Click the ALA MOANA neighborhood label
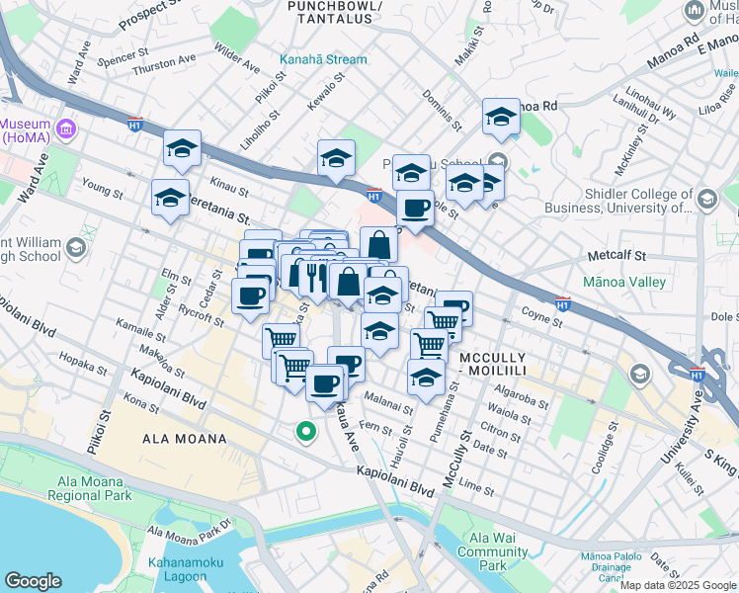click(185, 438)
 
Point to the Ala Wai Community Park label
click(492, 552)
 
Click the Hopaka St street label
click(84, 368)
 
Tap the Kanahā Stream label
click(323, 59)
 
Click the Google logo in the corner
click(33, 581)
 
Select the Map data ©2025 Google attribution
click(678, 584)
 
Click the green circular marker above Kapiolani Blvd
click(306, 431)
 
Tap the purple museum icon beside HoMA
click(67, 128)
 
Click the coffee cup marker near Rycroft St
click(250, 295)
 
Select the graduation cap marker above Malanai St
click(426, 378)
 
